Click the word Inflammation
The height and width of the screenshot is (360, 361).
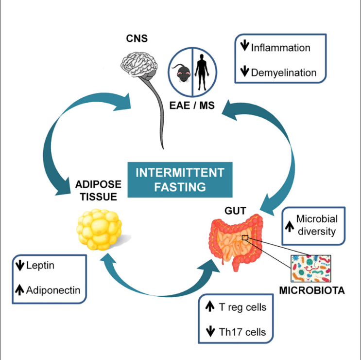(280, 48)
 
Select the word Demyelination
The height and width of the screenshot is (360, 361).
(284, 73)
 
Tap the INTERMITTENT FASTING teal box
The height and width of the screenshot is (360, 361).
(180, 180)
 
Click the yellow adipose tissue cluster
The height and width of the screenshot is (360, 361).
(100, 230)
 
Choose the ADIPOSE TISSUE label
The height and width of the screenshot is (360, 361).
(96, 191)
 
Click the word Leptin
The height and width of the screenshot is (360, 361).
(41, 266)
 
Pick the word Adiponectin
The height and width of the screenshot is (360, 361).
(53, 290)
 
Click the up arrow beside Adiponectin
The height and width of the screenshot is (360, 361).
(19, 290)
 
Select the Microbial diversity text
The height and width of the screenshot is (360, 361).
(316, 225)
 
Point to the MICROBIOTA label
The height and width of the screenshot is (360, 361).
(312, 291)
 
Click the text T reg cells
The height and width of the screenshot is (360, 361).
(242, 307)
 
